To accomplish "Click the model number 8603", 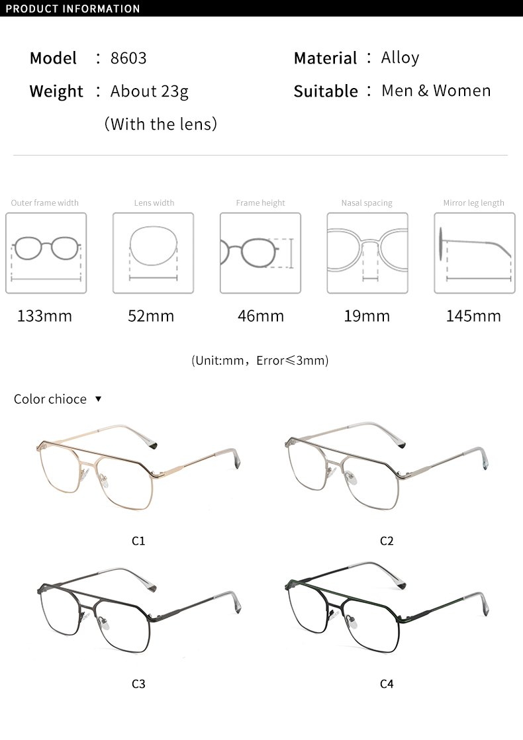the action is [x=128, y=58].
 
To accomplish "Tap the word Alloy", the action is [x=400, y=58].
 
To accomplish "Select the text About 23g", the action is [x=149, y=91].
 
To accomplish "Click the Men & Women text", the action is [x=436, y=91].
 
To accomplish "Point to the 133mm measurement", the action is [x=44, y=316].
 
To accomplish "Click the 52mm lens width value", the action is [x=151, y=316].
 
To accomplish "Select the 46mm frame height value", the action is [x=260, y=316].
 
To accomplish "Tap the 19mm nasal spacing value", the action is [x=367, y=316].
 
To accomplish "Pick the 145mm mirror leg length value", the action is [x=473, y=316].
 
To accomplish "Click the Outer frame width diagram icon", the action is [x=46, y=253].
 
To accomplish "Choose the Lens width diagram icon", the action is [x=153, y=253].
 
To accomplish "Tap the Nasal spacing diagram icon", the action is [x=367, y=253].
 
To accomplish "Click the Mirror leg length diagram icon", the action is [x=474, y=253].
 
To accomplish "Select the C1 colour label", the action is [x=138, y=541].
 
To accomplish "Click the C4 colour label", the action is [x=387, y=684].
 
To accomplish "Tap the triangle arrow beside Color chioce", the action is [x=98, y=399].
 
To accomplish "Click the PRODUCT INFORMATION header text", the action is [x=73, y=9].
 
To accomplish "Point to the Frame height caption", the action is [x=260, y=203].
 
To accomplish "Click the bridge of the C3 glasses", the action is [x=94, y=604].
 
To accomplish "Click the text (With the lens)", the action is [x=161, y=124].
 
